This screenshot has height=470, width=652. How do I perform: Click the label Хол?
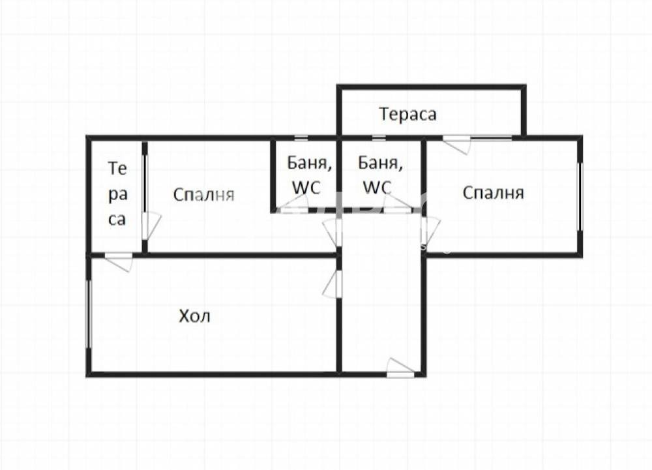(x=195, y=317)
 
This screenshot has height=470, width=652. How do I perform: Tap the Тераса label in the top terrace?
(x=408, y=114)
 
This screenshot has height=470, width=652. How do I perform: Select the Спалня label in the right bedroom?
(x=494, y=193)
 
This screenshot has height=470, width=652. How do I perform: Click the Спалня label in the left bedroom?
(x=203, y=194)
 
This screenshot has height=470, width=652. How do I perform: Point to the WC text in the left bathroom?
(x=306, y=187)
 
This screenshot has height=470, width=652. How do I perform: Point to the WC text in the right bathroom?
(x=377, y=187)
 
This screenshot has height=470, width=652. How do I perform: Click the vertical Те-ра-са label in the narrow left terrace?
(x=117, y=194)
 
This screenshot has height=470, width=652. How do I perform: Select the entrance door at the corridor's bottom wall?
(x=400, y=368)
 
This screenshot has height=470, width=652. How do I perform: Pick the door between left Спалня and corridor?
(x=331, y=232)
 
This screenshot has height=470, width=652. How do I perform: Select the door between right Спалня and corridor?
(x=430, y=231)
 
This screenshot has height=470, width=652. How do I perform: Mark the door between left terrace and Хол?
(x=119, y=261)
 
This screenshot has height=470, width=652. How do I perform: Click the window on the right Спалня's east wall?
(x=580, y=196)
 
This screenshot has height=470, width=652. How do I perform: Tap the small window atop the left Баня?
(x=301, y=138)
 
